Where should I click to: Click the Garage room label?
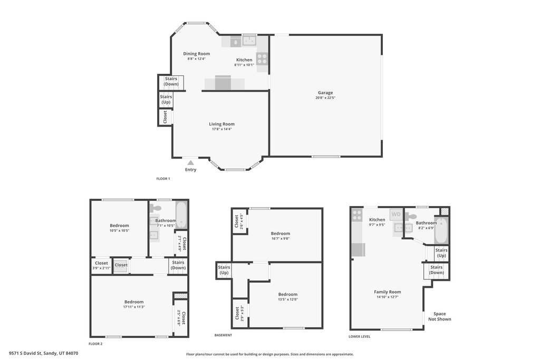pos(325,93)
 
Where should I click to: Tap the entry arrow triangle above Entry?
pos(190,163)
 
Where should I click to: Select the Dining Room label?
pos(196,54)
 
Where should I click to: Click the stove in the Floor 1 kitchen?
pos(262,59)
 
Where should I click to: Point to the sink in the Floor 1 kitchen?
pos(249,40)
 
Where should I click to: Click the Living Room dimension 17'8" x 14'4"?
pos(221,129)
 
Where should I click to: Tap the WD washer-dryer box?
pos(396,215)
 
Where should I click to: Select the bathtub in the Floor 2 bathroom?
pos(181,215)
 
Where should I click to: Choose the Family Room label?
pos(387,292)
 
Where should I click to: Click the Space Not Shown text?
pos(439,316)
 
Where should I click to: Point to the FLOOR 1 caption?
pos(163,179)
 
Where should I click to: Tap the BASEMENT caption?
pos(223,335)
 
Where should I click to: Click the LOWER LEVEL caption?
pos(359,336)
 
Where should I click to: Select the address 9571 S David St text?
pos(44,353)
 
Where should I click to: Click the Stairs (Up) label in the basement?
pos(224,270)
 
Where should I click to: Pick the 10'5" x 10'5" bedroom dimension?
pos(119,230)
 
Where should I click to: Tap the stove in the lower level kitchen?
pos(357,215)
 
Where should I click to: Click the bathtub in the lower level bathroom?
pos(441,230)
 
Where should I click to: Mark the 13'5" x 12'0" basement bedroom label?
pos(287,299)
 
